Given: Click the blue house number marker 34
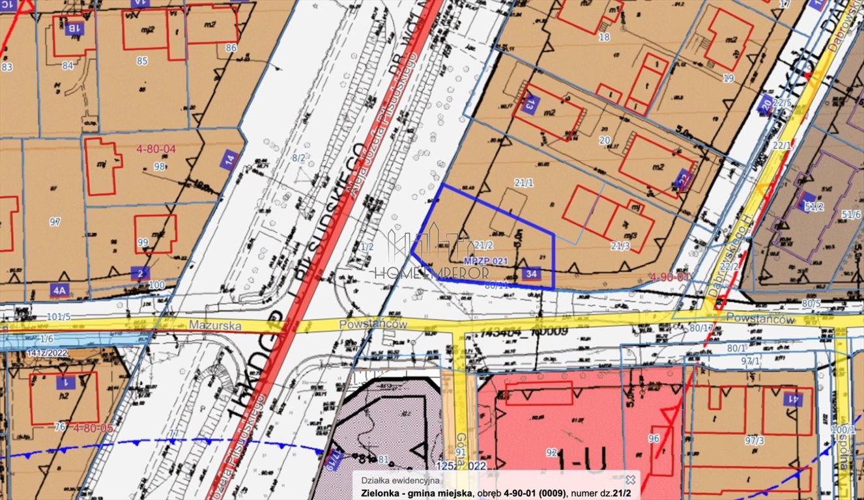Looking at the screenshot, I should [530, 274].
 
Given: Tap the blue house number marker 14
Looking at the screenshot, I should [229, 160].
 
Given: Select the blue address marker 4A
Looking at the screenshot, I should [60, 289].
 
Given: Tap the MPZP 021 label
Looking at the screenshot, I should [485, 260].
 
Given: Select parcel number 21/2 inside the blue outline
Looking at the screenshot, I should [482, 245].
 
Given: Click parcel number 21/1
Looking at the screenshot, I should [523, 184].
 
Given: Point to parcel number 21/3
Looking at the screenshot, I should [620, 245].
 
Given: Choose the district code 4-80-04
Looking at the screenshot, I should [156, 149].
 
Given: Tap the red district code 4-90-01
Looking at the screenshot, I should [669, 277].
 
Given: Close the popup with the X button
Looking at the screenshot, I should [629, 479].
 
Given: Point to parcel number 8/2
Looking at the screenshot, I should [298, 158].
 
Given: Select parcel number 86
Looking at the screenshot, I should [231, 48].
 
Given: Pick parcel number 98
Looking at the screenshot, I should [159, 166].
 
